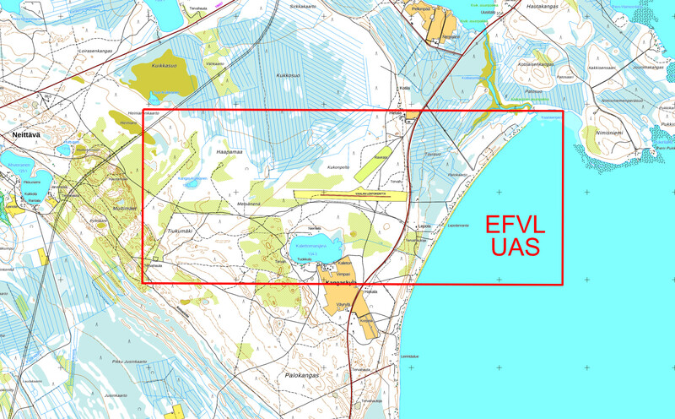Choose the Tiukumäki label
click(180, 230)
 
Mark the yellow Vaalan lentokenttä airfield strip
click(346, 194)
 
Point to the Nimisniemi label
click(609, 132)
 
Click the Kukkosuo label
click(289, 75)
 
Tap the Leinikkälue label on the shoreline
click(410, 356)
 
